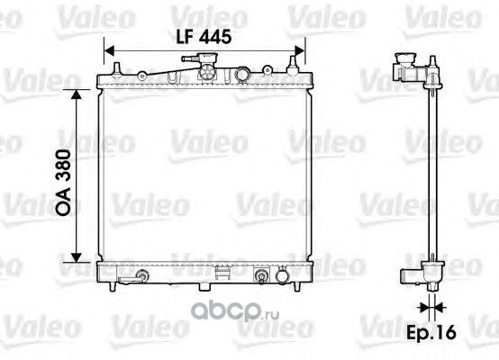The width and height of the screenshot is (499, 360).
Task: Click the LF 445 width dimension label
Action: click(204, 37)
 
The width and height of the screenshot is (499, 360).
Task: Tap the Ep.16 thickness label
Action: click(431, 333)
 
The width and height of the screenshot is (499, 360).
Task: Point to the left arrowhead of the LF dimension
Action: click(109, 51)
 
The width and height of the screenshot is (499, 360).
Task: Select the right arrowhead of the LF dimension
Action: click(300, 51)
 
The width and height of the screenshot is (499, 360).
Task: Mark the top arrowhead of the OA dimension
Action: click(77, 94)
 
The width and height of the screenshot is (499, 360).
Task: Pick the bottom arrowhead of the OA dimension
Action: click(77, 257)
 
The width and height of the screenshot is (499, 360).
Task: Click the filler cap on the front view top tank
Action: click(207, 58)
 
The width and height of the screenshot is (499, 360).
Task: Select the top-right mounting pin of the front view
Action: click(293, 66)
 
